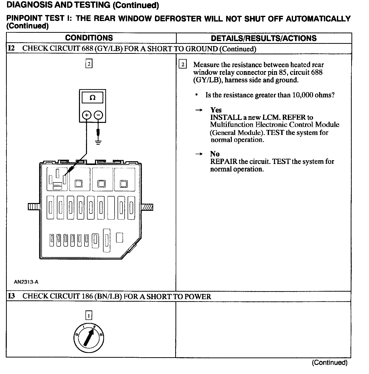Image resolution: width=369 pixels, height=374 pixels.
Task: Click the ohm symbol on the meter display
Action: (93, 98)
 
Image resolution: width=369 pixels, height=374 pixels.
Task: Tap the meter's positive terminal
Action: (87, 115)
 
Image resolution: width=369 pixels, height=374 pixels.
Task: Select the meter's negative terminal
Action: (99, 115)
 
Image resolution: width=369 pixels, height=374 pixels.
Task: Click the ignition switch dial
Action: (89, 339)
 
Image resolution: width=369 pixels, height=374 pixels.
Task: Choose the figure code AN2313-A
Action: (26, 282)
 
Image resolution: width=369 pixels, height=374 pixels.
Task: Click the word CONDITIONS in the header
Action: (89, 38)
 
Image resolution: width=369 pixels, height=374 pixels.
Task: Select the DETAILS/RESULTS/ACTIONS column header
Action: (264, 38)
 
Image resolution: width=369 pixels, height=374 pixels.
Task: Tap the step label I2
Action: (11, 49)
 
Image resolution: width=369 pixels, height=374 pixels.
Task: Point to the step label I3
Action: (11, 296)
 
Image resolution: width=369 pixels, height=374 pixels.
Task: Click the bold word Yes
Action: (216, 110)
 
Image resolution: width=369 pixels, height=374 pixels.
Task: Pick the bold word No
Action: (215, 154)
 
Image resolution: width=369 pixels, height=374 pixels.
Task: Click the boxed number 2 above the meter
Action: (89, 64)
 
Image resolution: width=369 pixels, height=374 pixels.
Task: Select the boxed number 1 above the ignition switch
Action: (89, 315)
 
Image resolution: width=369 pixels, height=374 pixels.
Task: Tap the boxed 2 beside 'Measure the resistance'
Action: (183, 65)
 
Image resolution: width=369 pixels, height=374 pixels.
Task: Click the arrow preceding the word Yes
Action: (199, 110)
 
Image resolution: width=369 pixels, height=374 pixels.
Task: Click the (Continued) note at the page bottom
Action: (330, 363)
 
